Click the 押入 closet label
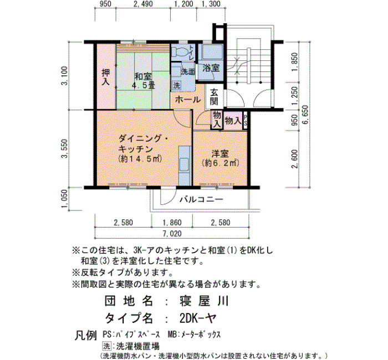pos(106,77)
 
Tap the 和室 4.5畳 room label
pos(143,81)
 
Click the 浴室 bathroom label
pos(211,68)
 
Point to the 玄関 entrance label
pos(214,97)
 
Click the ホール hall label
pos(188,100)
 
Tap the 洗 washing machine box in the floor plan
pos(177,85)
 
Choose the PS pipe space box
pos(245,121)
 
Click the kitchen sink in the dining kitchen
pos(185,164)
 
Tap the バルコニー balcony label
pos(201,199)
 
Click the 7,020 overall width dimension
pos(172,234)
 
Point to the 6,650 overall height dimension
pos(305,115)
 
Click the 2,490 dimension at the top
pos(144,4)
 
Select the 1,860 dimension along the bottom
pos(172,223)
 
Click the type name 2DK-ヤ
pos(198,318)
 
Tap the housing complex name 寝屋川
pos(203,301)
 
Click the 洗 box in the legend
pos(106,346)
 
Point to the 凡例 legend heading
pos(85,336)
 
